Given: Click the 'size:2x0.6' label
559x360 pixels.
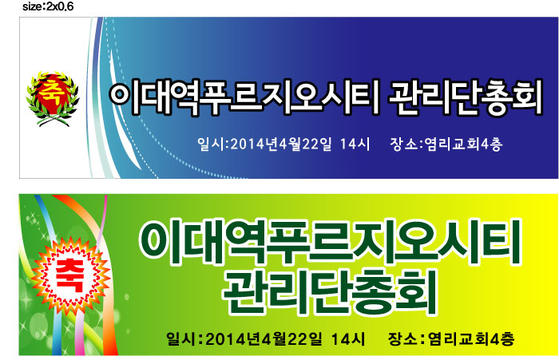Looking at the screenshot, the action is coord(48,6).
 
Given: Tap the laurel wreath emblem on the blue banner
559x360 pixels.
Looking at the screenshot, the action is coord(53,99).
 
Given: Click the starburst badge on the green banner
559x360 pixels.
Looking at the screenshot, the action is coord(70,276).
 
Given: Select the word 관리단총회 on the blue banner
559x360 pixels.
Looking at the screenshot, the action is coord(466,97).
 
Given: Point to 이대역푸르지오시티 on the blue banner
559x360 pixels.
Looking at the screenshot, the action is coord(244,97).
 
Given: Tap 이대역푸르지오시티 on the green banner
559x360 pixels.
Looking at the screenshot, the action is coord(330,243).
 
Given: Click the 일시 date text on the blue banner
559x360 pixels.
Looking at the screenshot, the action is coord(283,144).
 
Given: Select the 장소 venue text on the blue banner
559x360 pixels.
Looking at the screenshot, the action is coord(446,144).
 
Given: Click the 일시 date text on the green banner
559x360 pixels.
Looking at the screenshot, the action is coord(266,338).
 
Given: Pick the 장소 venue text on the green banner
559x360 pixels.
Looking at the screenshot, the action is coord(451,338).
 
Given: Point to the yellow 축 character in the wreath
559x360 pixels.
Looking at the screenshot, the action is coord(54,92).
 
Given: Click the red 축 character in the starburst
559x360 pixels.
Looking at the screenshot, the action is coord(69,275).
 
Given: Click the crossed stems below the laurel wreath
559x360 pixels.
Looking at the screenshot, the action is coord(54,121).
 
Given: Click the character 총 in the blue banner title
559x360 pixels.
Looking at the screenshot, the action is coord(493,97).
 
